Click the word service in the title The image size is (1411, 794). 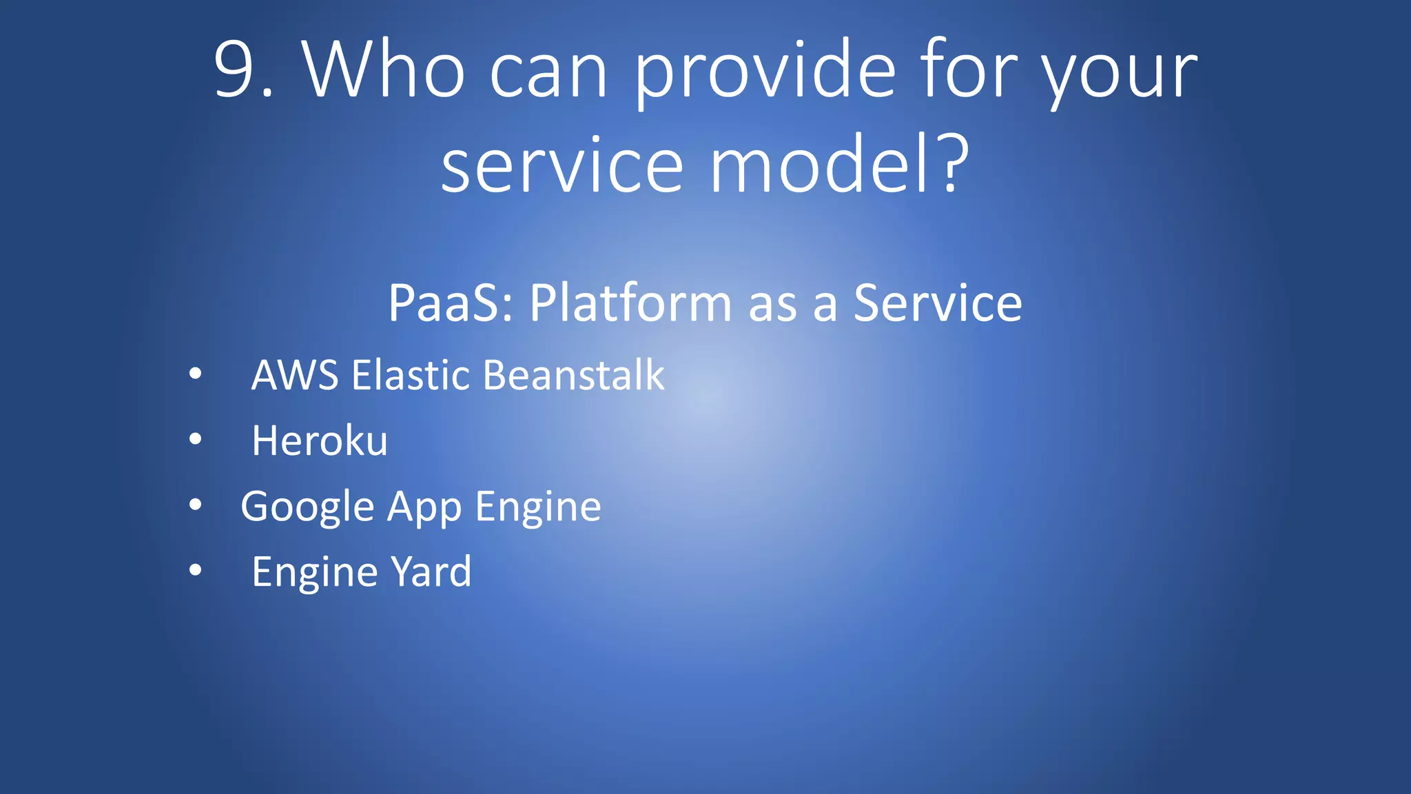[x=562, y=166]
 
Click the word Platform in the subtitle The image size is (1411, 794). [x=630, y=303]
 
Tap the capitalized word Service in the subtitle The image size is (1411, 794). [x=938, y=303]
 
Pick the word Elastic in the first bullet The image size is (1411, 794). [x=411, y=376]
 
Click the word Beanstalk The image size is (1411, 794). [x=573, y=376]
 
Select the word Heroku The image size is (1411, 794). [x=320, y=441]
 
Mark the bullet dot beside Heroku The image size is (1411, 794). [x=196, y=439]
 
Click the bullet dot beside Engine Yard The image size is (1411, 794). [x=196, y=570]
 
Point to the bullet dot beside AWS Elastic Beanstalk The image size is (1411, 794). [x=196, y=374]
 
